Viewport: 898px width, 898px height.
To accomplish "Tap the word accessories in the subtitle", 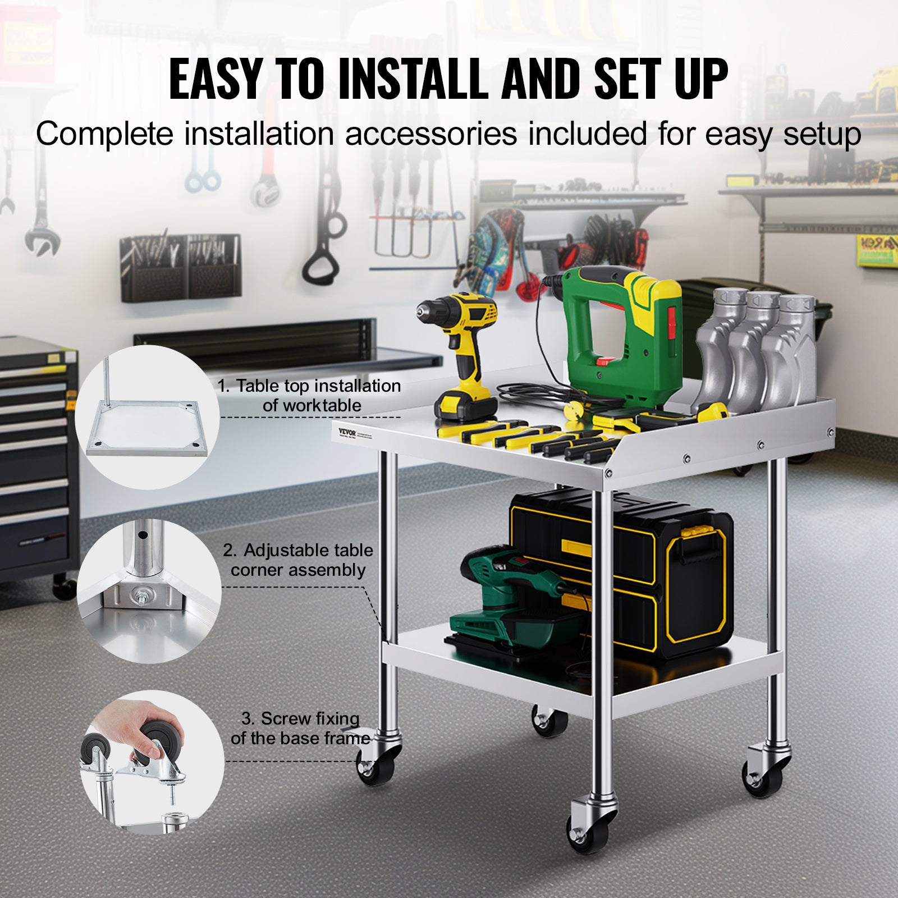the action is pyautogui.click(x=430, y=135).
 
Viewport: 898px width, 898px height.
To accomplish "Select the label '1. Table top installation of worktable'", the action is pyautogui.click(x=310, y=395).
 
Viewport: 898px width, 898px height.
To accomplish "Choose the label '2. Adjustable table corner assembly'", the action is pyautogui.click(x=298, y=560).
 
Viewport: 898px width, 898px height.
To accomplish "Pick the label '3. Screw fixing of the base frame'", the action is pyautogui.click(x=300, y=728).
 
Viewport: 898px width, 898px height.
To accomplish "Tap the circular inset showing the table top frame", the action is pyautogui.click(x=147, y=417).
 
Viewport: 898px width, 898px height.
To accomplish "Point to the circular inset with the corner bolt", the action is pyautogui.click(x=149, y=590).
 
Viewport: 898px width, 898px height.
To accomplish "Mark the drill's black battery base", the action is pyautogui.click(x=465, y=404).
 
